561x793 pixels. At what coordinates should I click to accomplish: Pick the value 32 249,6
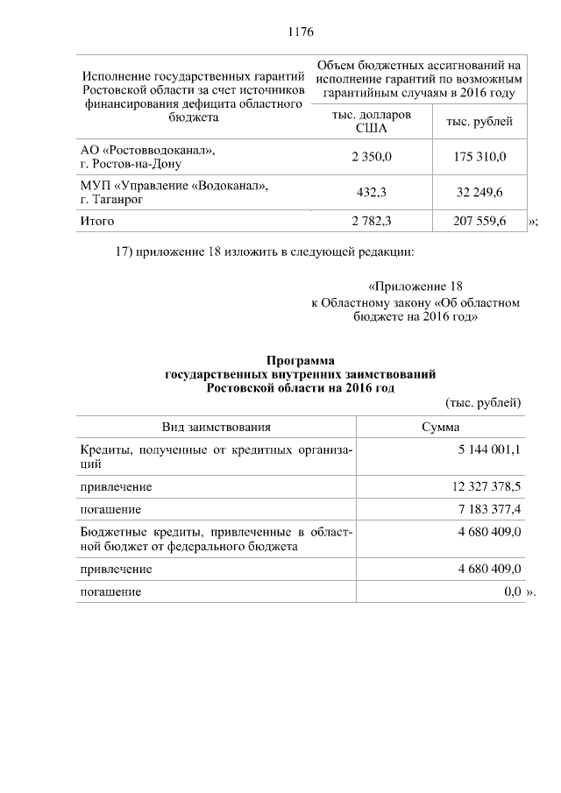click(480, 192)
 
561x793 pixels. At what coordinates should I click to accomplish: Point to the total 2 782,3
click(371, 222)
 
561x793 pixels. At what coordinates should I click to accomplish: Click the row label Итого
click(97, 222)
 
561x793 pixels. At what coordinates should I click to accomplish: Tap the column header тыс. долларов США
click(372, 122)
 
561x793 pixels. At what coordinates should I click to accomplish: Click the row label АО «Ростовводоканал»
click(147, 150)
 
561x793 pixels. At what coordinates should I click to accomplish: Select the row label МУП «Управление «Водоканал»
click(174, 186)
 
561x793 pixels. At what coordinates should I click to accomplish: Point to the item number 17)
click(127, 253)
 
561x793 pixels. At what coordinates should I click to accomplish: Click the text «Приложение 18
click(415, 287)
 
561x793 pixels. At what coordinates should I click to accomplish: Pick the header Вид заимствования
click(216, 427)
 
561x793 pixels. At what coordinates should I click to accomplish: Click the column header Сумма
click(441, 427)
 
